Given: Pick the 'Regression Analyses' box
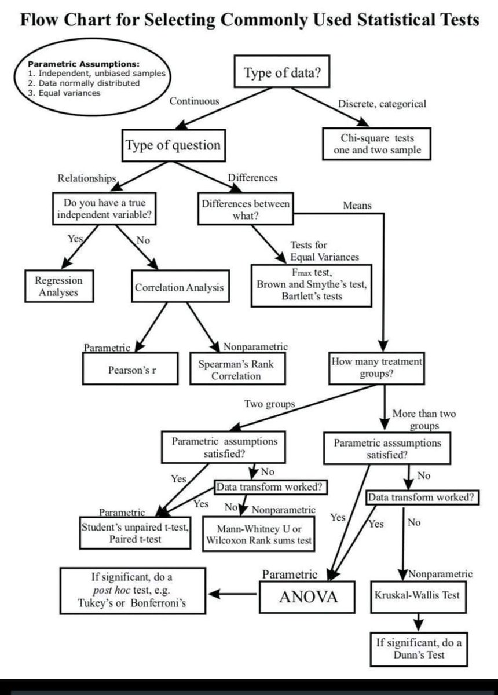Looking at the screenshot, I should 58,286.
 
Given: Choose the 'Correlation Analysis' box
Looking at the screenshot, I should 179,287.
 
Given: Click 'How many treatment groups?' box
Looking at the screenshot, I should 376,368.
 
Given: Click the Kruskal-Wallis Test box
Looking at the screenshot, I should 417,595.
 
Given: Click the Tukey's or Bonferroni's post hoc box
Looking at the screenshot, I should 133,591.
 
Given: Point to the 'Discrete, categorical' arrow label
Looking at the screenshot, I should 382,104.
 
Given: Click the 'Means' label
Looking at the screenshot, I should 357,205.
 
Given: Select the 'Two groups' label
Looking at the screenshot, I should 269,404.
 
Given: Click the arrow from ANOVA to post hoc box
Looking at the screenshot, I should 233,594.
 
